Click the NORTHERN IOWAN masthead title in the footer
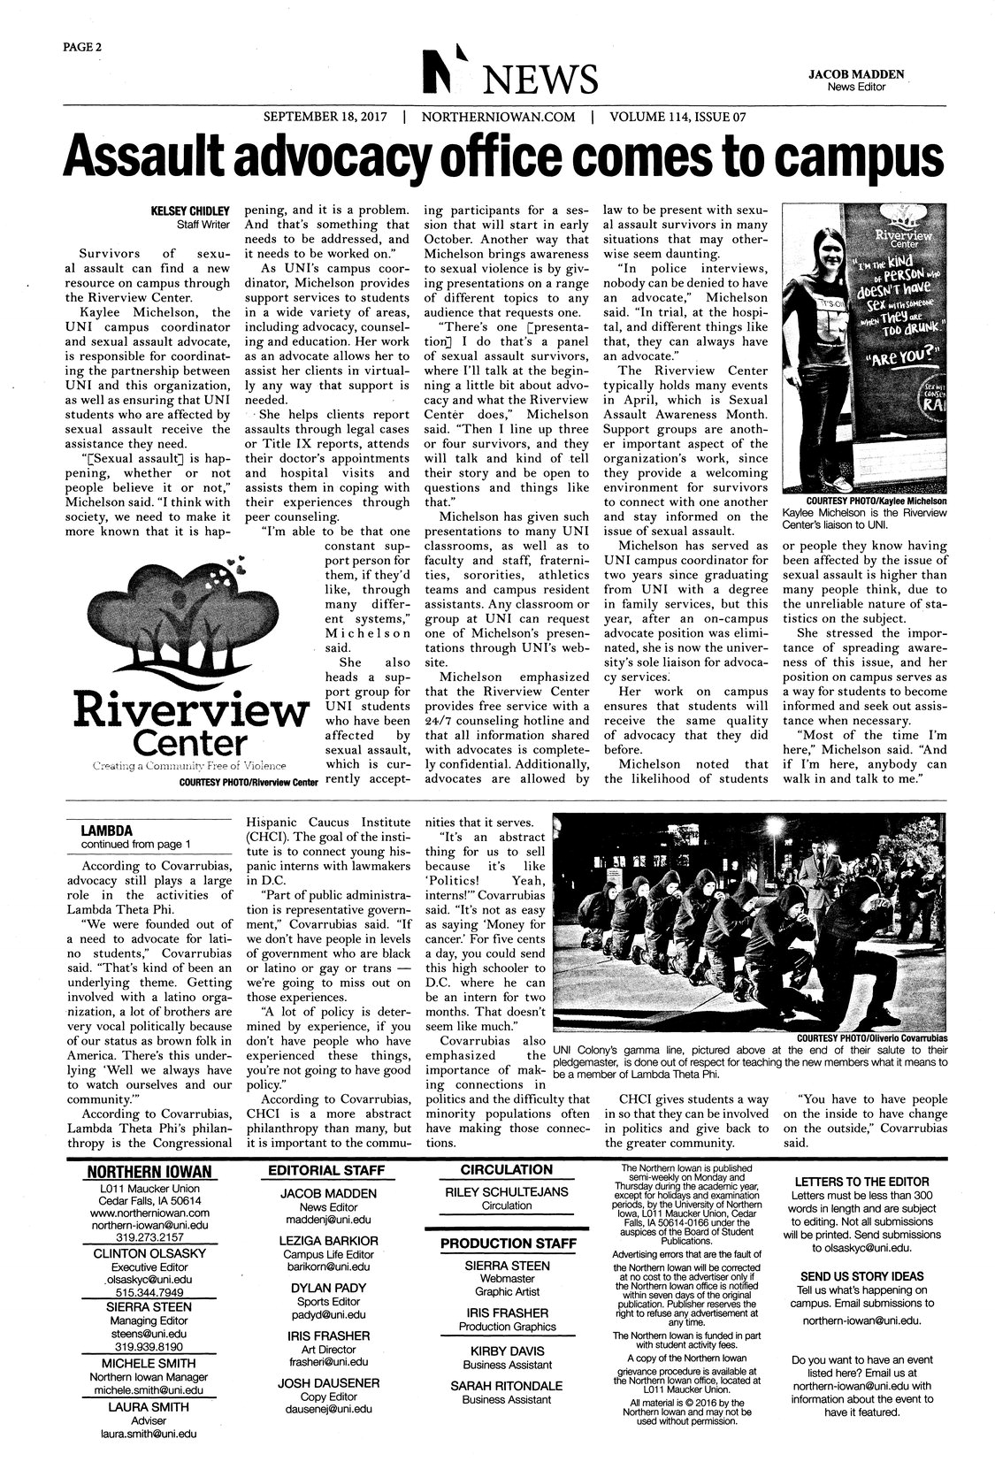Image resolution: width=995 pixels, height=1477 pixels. [155, 1173]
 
